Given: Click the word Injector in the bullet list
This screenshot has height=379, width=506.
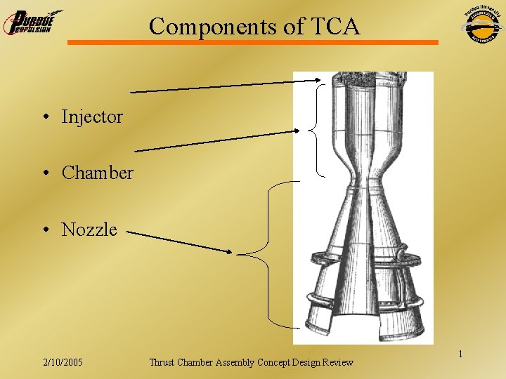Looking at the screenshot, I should (92, 117).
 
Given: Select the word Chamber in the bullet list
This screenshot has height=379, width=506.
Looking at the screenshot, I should (97, 173).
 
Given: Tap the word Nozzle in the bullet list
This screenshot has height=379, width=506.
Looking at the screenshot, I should (89, 230).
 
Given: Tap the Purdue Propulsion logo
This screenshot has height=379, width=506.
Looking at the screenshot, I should (32, 22).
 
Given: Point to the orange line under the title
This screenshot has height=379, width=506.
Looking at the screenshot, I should (253, 43).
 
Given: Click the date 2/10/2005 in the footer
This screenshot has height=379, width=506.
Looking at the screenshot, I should (63, 362).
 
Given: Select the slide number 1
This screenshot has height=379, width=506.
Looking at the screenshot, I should (460, 354).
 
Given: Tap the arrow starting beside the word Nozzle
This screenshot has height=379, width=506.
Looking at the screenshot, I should (183, 242).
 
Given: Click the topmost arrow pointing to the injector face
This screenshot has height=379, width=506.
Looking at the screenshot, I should (225, 86).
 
